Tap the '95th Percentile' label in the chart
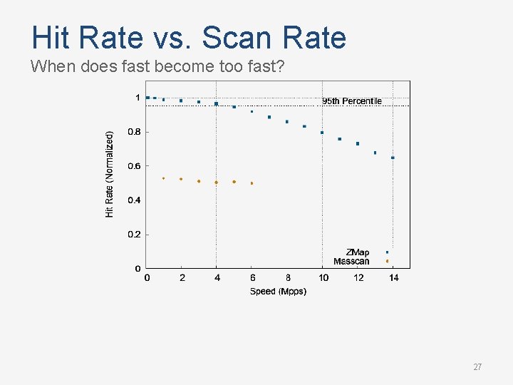pyautogui.click(x=352, y=101)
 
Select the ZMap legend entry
pyautogui.click(x=358, y=252)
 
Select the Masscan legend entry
pyautogui.click(x=352, y=262)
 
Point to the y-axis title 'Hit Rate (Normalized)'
pyautogui.click(x=110, y=174)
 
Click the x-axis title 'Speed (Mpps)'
pyautogui.click(x=278, y=291)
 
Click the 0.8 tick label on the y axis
pyautogui.click(x=134, y=132)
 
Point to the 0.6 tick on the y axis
pyautogui.click(x=134, y=166)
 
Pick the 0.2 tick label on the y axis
pyautogui.click(x=134, y=235)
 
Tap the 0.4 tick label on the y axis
pyautogui.click(x=134, y=200)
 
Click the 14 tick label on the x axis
pyautogui.click(x=394, y=277)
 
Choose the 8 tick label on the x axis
pyautogui.click(x=288, y=277)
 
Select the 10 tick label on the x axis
pyautogui.click(x=323, y=277)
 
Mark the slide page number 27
pyautogui.click(x=477, y=367)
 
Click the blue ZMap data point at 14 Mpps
pyautogui.click(x=393, y=158)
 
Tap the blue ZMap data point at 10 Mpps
pyautogui.click(x=322, y=133)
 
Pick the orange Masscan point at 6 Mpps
pyautogui.click(x=252, y=183)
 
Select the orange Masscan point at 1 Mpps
pyautogui.click(x=163, y=178)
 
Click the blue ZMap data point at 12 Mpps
pyautogui.click(x=358, y=143)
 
